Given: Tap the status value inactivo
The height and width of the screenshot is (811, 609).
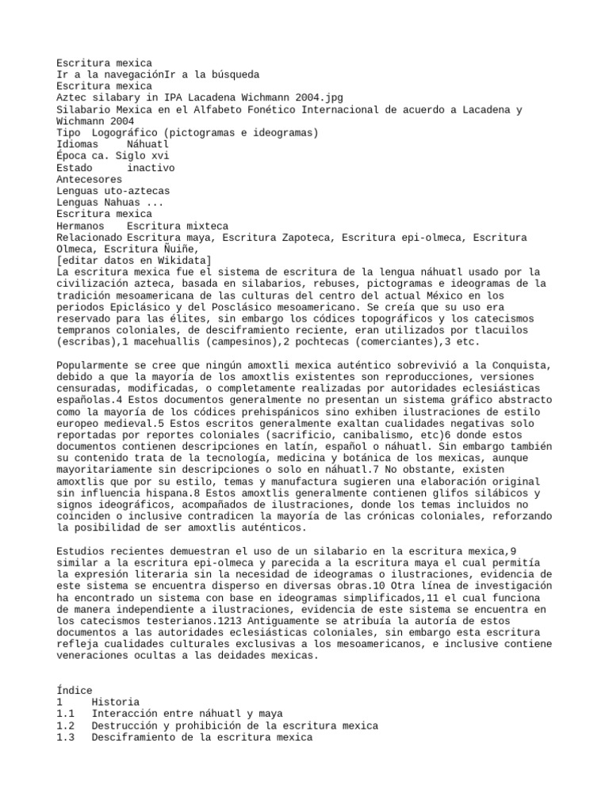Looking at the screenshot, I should [151, 168].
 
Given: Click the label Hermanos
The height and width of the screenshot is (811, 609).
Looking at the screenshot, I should [80, 226].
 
